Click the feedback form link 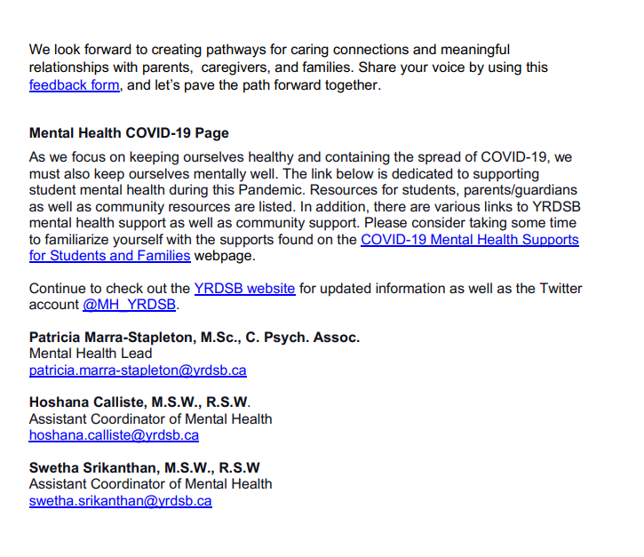point(74,86)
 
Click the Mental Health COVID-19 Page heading point(129,133)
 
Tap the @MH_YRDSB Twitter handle point(130,305)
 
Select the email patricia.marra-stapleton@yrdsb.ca point(138,370)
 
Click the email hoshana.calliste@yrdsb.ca point(114,435)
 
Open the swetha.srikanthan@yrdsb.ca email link point(120,501)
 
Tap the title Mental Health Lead point(91,354)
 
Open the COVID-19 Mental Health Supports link point(469,240)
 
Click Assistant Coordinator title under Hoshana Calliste point(150,418)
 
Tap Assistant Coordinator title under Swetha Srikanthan point(150,484)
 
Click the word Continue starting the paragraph point(59,288)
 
